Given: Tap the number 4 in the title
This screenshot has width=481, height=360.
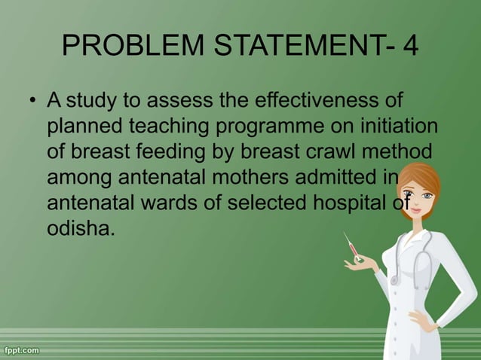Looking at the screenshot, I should point(411,47).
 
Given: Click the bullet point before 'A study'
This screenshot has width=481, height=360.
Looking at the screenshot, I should point(32,102).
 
